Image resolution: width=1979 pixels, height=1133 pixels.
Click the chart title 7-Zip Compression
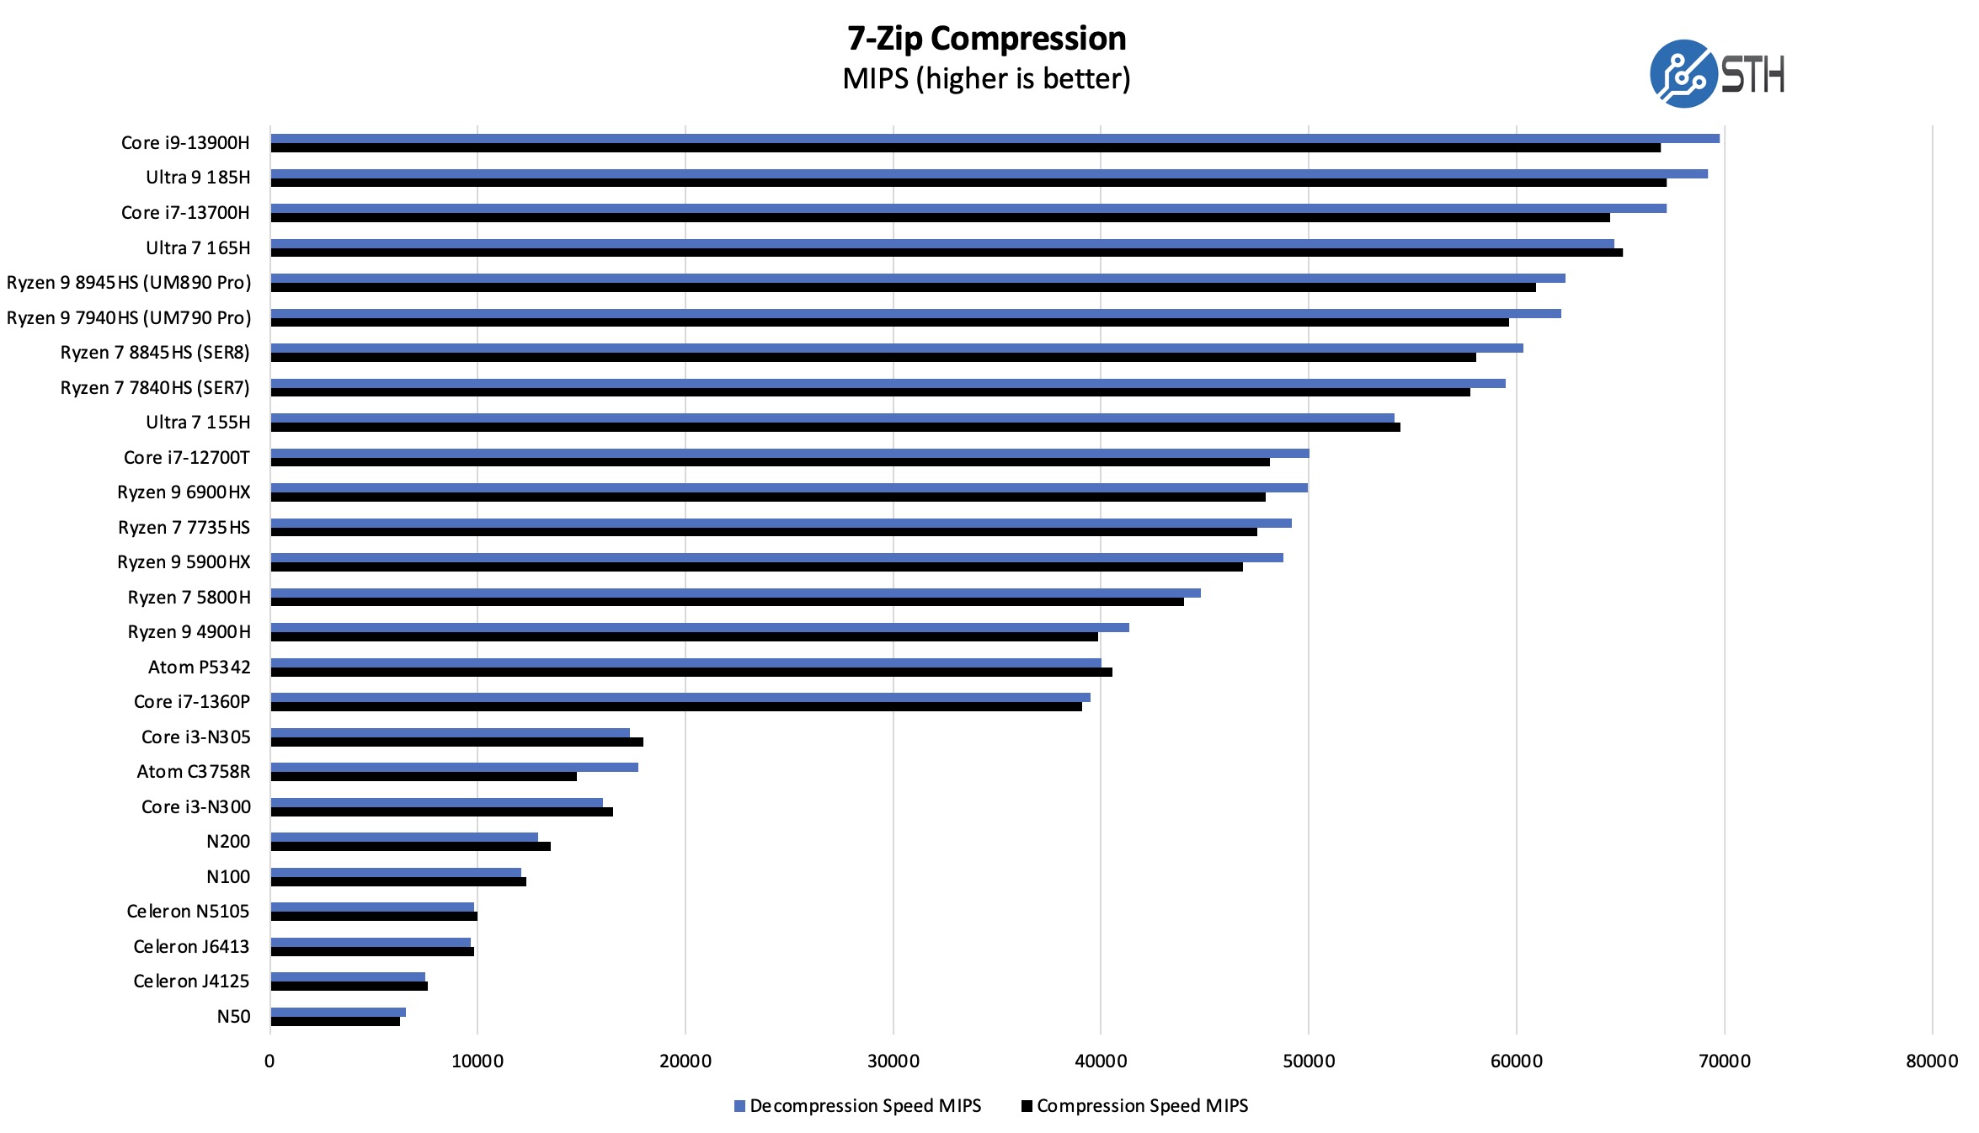pyautogui.click(x=986, y=39)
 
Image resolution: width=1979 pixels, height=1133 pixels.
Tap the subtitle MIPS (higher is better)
pyautogui.click(x=986, y=79)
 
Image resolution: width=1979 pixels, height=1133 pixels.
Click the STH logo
pyautogui.click(x=1716, y=74)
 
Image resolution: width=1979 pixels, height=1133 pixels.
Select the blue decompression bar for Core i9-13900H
pyautogui.click(x=994, y=138)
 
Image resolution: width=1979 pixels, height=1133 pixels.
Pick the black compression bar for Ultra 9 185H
pyautogui.click(x=968, y=183)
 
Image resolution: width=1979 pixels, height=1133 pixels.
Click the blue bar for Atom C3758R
pyautogui.click(x=454, y=767)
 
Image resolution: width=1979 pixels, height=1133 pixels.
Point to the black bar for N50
pyautogui.click(x=335, y=1022)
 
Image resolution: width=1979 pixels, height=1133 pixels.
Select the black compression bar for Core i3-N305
pyautogui.click(x=456, y=742)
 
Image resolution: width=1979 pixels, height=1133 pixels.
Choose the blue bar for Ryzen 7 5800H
pyautogui.click(x=735, y=593)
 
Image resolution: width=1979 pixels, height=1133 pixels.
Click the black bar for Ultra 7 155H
pyautogui.click(x=835, y=428)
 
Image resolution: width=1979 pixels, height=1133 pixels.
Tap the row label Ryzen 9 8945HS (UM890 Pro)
pyautogui.click(x=129, y=283)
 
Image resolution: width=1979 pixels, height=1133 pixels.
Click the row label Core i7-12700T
pyautogui.click(x=186, y=458)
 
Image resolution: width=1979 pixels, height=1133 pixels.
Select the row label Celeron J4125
pyautogui.click(x=191, y=981)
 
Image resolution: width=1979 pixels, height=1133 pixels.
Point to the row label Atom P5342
pyautogui.click(x=199, y=668)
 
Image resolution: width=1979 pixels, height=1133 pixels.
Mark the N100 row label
pyautogui.click(x=228, y=877)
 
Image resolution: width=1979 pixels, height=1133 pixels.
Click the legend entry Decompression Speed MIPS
pyautogui.click(x=865, y=1106)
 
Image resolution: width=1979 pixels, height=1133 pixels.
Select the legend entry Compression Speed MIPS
pyautogui.click(x=1142, y=1106)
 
